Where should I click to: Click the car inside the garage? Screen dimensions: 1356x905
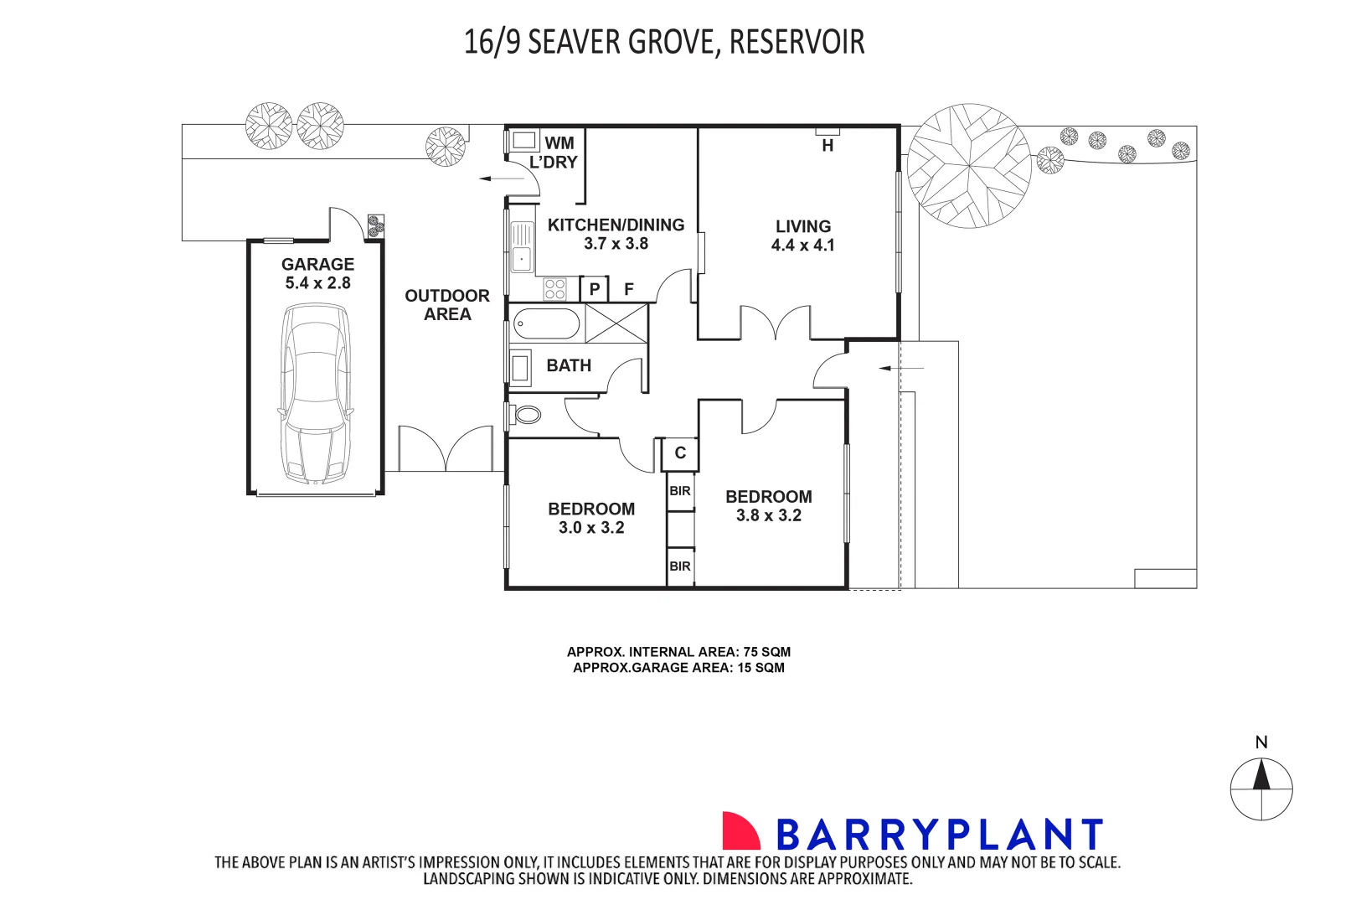click(316, 394)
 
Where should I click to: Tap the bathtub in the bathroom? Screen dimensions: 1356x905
click(547, 324)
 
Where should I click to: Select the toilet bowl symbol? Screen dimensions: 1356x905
click(528, 415)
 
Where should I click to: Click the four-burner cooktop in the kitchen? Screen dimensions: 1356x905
click(554, 289)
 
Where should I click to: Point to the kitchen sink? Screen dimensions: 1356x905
click(522, 246)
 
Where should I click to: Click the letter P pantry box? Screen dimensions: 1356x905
click(595, 289)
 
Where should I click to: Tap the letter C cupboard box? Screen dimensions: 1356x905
click(680, 453)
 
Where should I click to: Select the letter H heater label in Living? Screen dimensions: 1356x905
click(828, 145)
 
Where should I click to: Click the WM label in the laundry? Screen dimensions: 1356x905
click(559, 143)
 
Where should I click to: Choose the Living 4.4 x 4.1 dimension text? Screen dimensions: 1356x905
click(802, 245)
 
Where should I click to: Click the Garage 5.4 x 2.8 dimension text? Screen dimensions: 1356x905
click(317, 283)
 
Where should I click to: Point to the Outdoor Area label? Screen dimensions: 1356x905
click(447, 305)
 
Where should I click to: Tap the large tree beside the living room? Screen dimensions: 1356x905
click(968, 166)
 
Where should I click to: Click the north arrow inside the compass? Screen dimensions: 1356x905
click(1261, 775)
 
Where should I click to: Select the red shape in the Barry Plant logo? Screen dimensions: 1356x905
click(741, 830)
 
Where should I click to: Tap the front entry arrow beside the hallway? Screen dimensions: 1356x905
click(901, 368)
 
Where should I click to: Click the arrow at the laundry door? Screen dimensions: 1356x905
click(502, 178)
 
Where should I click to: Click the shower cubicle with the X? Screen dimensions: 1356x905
click(616, 323)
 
